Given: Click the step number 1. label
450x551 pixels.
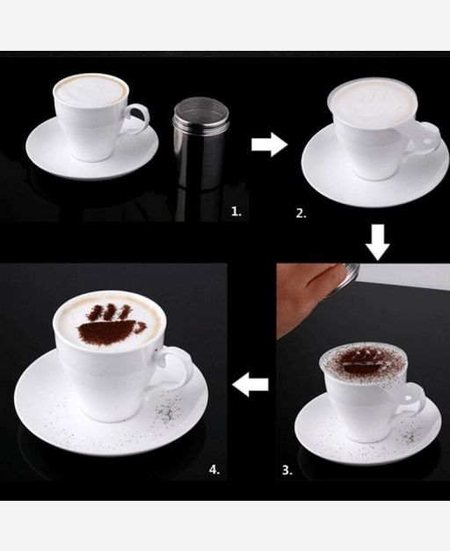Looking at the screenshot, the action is pyautogui.click(x=236, y=211).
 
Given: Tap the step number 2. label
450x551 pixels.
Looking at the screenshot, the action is pyautogui.click(x=301, y=214).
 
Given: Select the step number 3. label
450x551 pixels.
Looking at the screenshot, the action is pyautogui.click(x=287, y=470).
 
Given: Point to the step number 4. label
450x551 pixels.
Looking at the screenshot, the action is pyautogui.click(x=214, y=469).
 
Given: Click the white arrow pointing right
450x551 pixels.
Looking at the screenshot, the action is pyautogui.click(x=270, y=144).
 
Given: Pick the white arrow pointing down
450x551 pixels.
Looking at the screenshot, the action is pyautogui.click(x=378, y=243).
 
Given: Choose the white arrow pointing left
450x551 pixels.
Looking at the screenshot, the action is pyautogui.click(x=250, y=384).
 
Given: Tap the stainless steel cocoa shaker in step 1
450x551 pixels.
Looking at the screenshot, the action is pyautogui.click(x=200, y=143).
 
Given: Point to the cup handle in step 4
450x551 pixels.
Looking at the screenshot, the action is pyautogui.click(x=179, y=366).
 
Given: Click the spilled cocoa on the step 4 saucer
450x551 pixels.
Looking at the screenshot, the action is pyautogui.click(x=169, y=408).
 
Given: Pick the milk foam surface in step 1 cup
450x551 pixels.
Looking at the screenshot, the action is pyautogui.click(x=90, y=91).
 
